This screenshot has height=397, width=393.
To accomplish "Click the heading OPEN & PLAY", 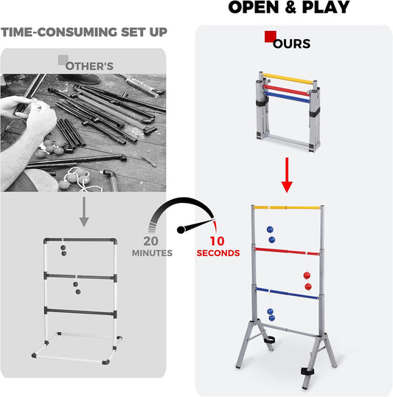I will (288, 8).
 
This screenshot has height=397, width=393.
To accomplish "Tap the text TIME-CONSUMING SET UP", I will (83, 32).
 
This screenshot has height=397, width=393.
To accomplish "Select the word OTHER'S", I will (89, 66).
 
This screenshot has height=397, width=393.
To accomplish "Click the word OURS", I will (292, 44).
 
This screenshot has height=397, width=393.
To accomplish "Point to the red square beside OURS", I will (271, 36).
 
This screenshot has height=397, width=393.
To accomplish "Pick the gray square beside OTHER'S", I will (63, 60).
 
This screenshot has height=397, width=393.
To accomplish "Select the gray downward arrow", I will (83, 215).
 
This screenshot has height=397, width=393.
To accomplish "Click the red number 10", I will (218, 241).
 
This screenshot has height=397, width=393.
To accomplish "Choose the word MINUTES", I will (152, 253).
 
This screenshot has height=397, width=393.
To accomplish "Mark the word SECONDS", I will (218, 253).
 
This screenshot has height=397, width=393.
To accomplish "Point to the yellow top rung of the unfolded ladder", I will (288, 208).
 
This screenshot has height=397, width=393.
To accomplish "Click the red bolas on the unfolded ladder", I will (307, 280).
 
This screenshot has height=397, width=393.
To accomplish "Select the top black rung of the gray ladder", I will (79, 241).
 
